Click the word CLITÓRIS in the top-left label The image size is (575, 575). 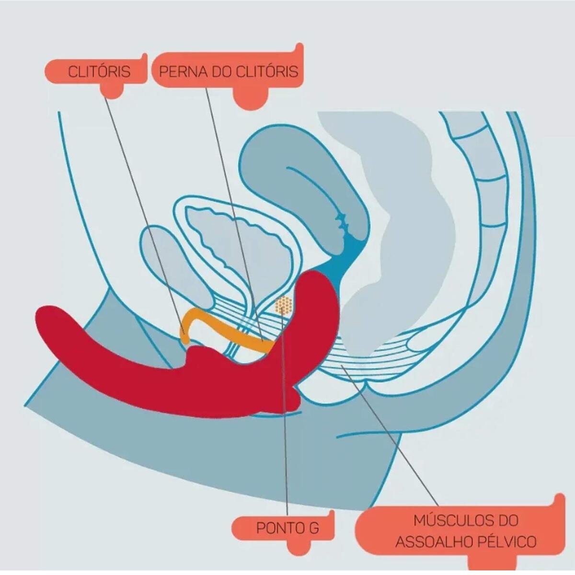click(99, 71)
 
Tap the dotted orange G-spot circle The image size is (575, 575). click(283, 305)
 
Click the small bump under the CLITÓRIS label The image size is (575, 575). click(112, 91)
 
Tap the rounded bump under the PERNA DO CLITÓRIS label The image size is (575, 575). click(250, 99)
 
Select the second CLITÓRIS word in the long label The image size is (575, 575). click(267, 71)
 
